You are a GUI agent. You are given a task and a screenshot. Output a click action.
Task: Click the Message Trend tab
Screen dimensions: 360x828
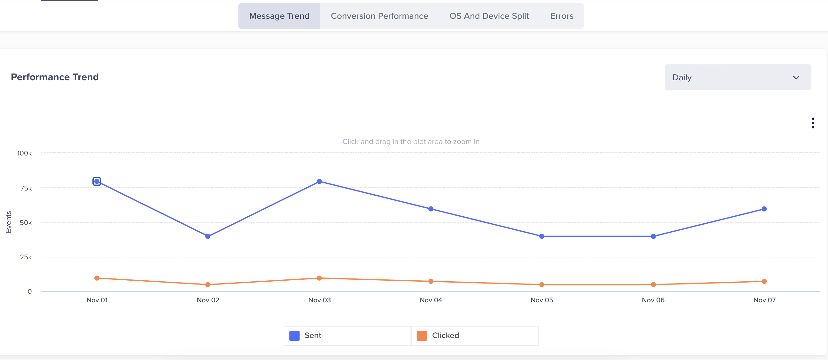tap(279, 16)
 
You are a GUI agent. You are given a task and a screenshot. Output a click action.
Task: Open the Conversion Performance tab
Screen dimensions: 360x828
tap(379, 16)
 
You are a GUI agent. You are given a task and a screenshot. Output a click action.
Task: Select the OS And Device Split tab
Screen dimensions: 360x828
tap(489, 16)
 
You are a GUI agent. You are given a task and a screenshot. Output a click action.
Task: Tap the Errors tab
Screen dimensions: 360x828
tap(562, 16)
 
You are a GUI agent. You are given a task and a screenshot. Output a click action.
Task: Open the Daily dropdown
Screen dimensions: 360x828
tap(738, 77)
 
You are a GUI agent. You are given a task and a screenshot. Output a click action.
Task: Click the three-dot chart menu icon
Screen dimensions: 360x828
tap(813, 123)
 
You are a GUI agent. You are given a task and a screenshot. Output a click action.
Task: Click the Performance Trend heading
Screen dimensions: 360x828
tap(54, 77)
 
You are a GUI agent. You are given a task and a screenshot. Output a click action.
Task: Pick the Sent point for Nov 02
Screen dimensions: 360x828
tap(208, 236)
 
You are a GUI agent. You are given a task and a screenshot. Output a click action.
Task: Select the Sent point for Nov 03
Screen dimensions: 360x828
tap(319, 182)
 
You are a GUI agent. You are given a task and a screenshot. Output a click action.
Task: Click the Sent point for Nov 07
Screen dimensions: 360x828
tap(764, 209)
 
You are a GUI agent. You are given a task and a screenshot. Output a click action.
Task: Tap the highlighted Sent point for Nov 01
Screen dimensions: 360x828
tap(97, 182)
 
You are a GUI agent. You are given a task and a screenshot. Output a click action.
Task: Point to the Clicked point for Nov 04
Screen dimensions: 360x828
tap(431, 281)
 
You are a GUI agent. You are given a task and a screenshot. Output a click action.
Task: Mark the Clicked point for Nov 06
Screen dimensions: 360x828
tap(653, 284)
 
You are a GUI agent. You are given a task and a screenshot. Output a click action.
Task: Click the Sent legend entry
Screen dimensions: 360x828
tap(347, 335)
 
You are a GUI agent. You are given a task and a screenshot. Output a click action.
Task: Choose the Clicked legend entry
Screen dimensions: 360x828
tap(475, 335)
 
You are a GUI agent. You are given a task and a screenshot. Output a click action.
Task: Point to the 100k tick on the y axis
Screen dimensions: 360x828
tap(25, 153)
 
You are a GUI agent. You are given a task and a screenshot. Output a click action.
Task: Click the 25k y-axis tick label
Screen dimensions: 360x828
tap(26, 257)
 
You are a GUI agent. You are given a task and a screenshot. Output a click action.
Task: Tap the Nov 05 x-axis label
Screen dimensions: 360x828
tap(541, 300)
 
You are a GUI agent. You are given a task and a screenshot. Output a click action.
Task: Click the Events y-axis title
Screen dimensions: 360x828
tap(8, 222)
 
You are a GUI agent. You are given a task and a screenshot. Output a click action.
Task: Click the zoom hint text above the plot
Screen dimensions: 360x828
tap(411, 142)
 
